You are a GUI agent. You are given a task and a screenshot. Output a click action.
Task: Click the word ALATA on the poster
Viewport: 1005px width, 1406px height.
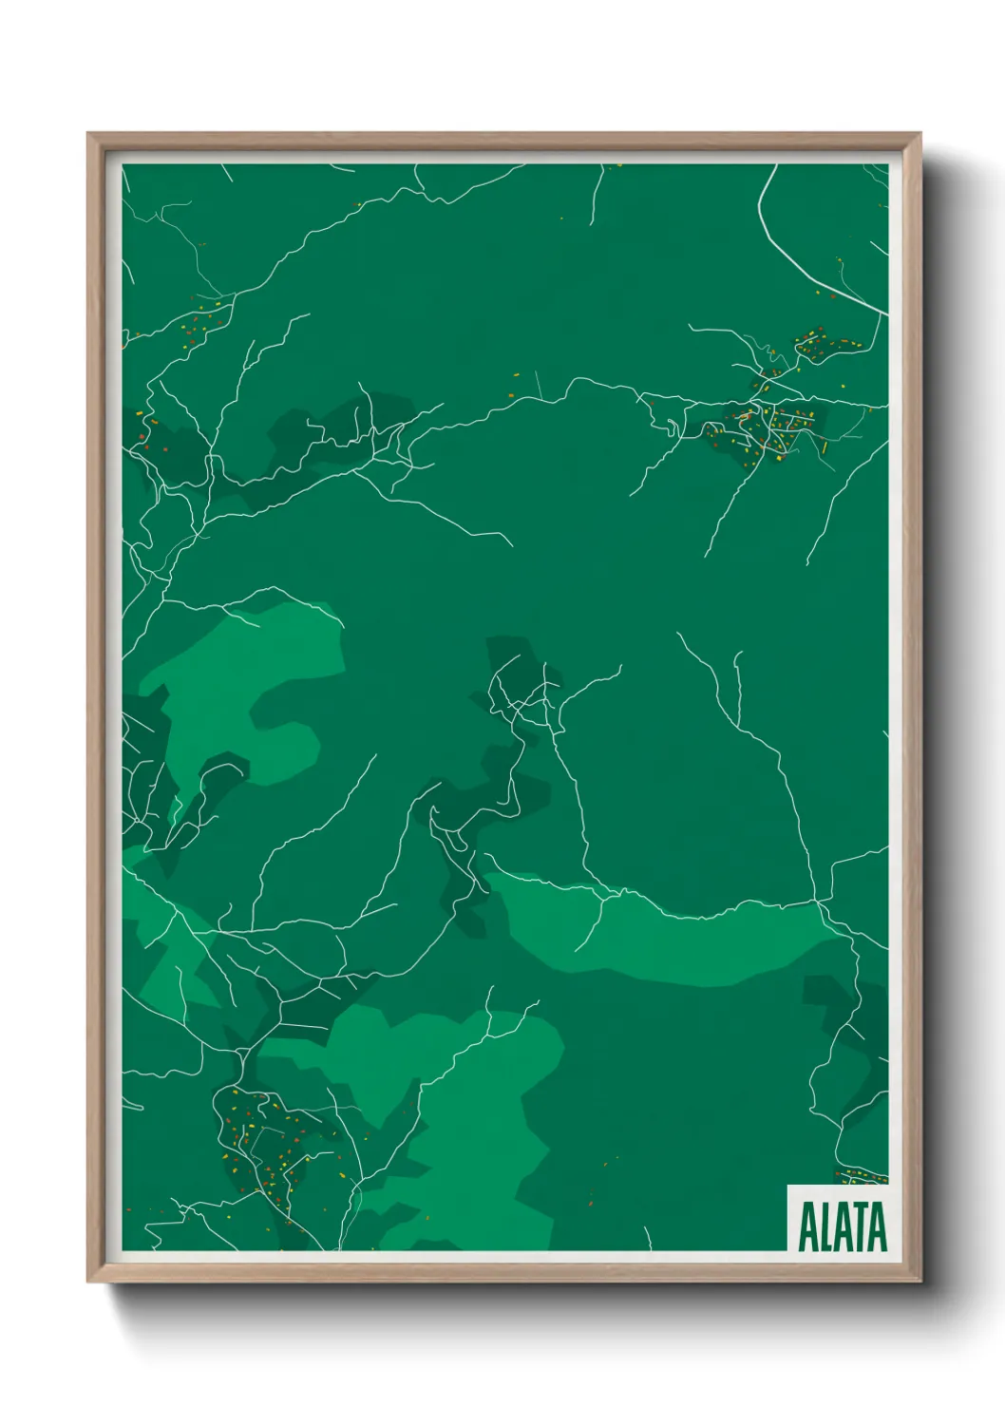click(x=842, y=1227)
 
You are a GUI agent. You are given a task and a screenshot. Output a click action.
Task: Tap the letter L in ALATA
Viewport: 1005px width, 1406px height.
click(x=823, y=1227)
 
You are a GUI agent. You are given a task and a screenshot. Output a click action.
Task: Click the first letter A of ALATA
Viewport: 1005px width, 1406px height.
click(x=806, y=1227)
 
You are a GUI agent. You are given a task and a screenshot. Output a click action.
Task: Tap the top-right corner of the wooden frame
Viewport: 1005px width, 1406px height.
click(x=920, y=134)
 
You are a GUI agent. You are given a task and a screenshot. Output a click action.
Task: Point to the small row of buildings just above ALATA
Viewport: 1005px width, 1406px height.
click(x=860, y=1177)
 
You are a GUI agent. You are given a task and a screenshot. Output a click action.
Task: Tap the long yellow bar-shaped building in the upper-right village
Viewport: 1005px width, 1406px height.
click(x=825, y=446)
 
